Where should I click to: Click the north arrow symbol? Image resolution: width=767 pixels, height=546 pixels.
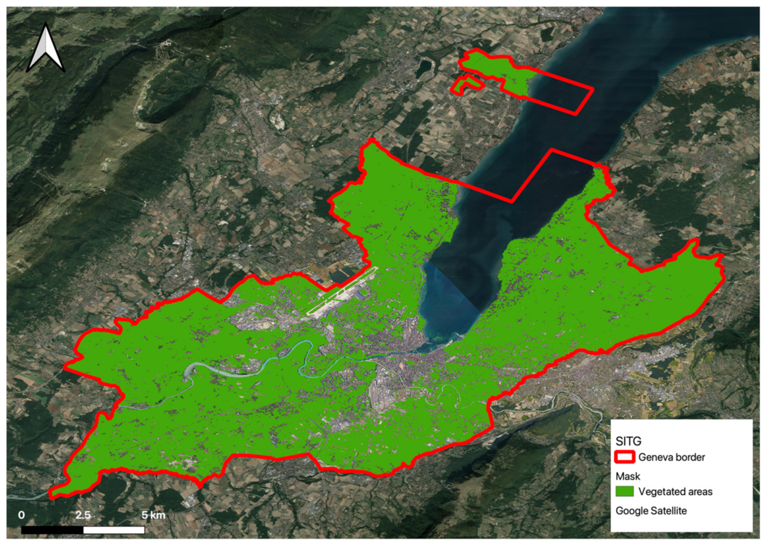(45, 49)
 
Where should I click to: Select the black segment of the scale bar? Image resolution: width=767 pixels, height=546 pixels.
(52, 530)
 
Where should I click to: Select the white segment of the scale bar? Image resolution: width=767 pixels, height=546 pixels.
(114, 530)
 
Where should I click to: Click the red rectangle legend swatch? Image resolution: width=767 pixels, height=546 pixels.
(625, 457)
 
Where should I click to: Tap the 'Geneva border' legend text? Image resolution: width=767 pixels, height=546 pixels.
(671, 457)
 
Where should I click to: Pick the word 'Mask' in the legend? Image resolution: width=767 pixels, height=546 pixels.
(628, 476)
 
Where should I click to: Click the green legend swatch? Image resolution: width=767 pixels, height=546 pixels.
(625, 491)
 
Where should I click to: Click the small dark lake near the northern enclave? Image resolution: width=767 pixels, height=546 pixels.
(423, 69)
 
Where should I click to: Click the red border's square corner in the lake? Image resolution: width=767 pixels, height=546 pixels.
(552, 150)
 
